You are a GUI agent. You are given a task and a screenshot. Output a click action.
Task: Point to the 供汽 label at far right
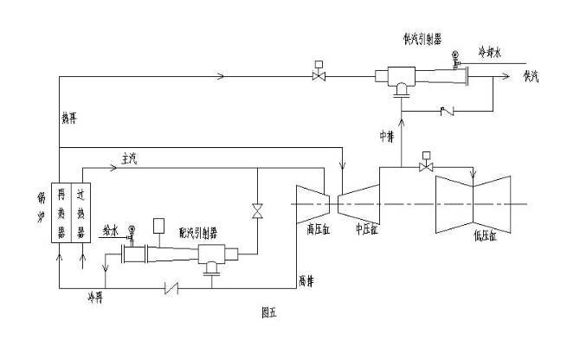pos(531,76)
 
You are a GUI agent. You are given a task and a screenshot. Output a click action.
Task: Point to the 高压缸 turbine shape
pos(313,203)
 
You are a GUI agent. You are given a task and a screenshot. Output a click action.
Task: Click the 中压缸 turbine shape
pos(358,202)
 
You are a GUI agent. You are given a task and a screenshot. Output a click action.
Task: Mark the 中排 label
pos(386,136)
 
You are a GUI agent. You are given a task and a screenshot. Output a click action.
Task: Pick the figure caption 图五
pos(268,313)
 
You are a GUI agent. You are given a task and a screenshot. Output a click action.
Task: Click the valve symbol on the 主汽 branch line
pos(256,210)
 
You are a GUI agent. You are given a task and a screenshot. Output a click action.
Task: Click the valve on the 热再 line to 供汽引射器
pos(319,76)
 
